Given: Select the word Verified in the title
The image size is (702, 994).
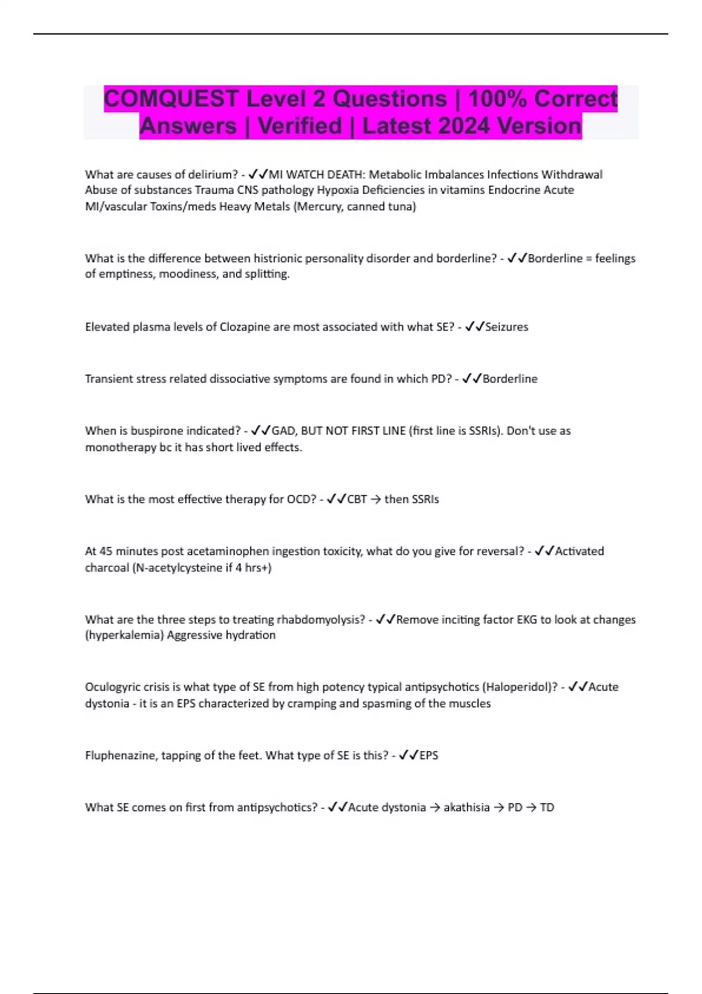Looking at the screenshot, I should (300, 126).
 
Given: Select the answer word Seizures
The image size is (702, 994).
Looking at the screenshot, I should (507, 327).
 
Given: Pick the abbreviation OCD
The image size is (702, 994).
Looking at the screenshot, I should (300, 499).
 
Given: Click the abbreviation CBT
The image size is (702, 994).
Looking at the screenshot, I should (357, 499).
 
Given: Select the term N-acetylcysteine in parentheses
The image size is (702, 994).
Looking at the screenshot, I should (178, 568).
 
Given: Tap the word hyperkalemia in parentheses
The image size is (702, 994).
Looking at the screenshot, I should (125, 636).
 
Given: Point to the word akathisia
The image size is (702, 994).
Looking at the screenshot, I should (466, 807).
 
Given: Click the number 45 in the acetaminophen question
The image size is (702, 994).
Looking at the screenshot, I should (105, 551).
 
